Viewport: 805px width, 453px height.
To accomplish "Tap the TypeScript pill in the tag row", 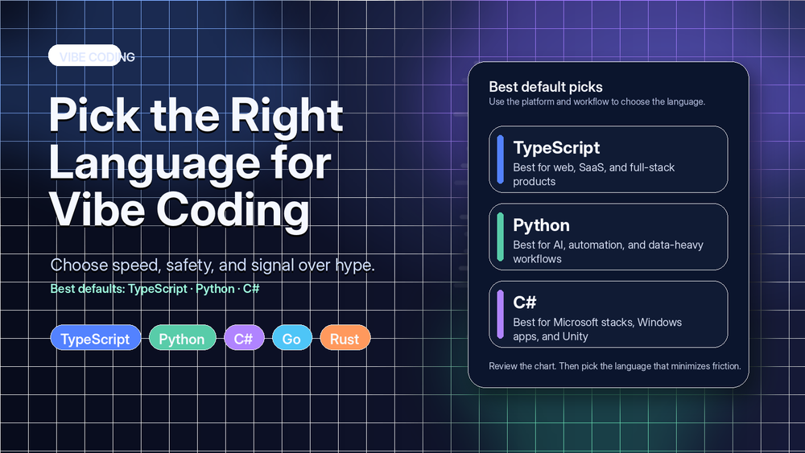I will coord(95,339).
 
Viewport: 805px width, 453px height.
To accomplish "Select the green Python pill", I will coord(182,339).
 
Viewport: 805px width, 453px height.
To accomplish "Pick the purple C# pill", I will coord(244,339).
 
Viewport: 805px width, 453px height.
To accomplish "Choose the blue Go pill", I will coord(291,339).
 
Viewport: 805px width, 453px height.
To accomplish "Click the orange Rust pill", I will coord(345,339).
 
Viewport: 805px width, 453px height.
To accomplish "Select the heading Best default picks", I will coord(546,87).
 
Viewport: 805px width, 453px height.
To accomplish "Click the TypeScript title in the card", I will coord(556,148).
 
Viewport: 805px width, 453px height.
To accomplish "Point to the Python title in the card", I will coord(541,225).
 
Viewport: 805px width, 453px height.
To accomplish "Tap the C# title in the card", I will coord(525,303).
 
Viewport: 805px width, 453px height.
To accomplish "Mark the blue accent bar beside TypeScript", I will coord(500,159).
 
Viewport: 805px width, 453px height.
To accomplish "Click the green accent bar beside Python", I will coord(500,236).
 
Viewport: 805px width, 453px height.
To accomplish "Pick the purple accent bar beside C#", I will coord(500,313).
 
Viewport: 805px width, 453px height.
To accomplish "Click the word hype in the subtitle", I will coord(353,266).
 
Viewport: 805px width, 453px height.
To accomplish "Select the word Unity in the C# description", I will coord(572,336).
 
